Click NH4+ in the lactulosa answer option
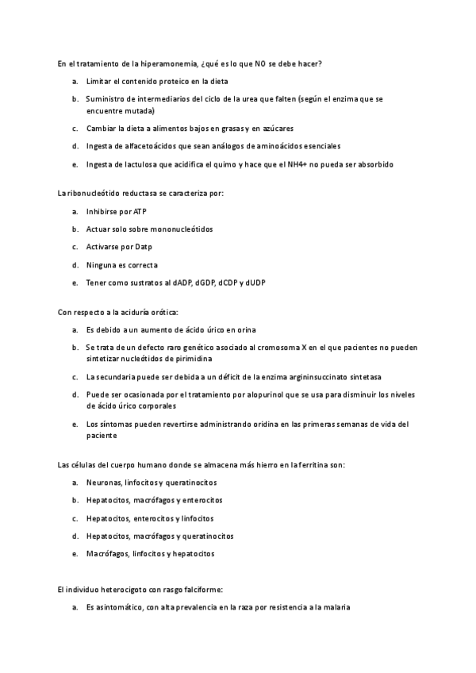pos(290,164)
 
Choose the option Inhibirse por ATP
pos(116,212)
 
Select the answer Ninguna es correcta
pos(121,264)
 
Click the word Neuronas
pos(105,483)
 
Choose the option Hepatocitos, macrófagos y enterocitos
pos(154,500)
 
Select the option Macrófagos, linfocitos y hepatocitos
pos(150,554)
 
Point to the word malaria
pos(336,608)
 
